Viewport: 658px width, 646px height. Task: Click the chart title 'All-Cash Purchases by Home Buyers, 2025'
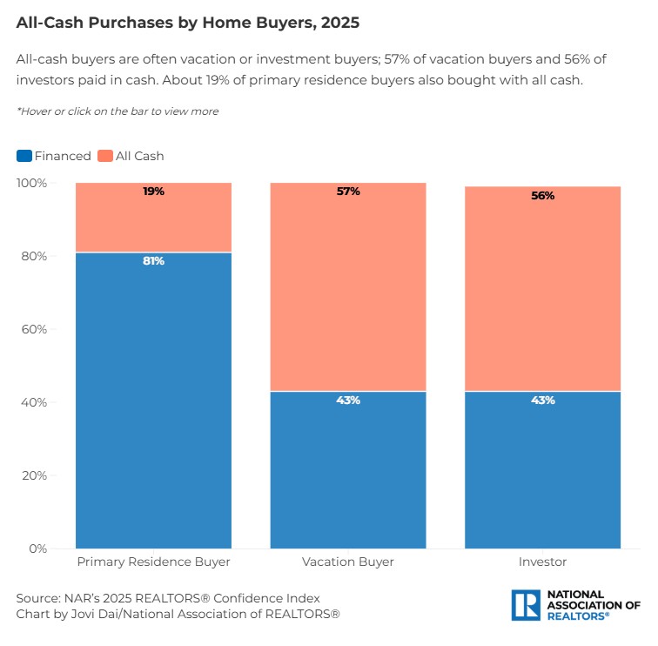[x=187, y=24]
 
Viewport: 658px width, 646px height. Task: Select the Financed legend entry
[x=54, y=156]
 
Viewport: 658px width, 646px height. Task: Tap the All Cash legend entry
[x=131, y=156]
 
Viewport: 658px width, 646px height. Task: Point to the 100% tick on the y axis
[x=31, y=183]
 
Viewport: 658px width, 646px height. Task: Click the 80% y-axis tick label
[x=34, y=256]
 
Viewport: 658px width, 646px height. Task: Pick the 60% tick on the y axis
[x=34, y=329]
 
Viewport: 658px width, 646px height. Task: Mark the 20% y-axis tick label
[x=34, y=475]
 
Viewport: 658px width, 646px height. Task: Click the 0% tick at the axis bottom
[x=37, y=548]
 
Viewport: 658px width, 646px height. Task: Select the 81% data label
[x=153, y=261]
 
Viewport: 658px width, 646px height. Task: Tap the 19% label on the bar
[x=153, y=192]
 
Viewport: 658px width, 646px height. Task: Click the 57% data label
[x=348, y=192]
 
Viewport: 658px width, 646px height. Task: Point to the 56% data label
[x=542, y=196]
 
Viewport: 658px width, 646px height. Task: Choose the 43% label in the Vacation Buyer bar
[x=348, y=400]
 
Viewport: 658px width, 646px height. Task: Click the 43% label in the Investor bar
[x=542, y=400]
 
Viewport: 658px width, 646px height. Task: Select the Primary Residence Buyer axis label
[x=153, y=562]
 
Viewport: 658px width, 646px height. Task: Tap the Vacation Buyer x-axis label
[x=348, y=562]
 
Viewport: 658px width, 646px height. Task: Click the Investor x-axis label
[x=542, y=562]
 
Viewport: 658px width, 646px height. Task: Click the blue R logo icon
[x=526, y=604]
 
